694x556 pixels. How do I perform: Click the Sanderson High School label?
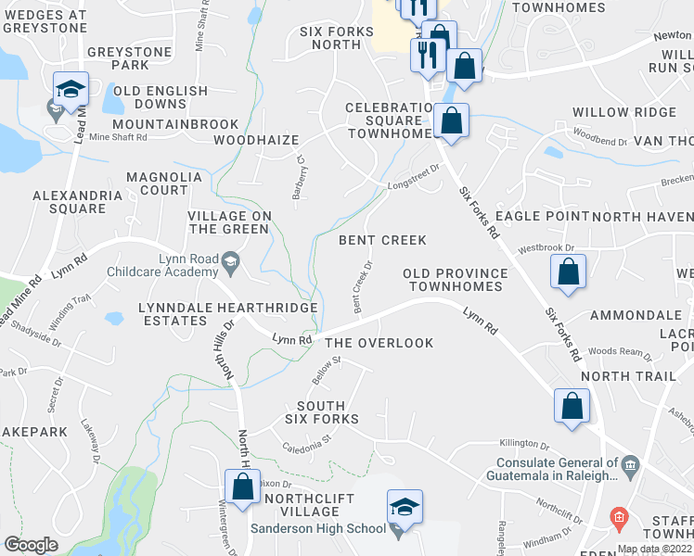click(x=317, y=528)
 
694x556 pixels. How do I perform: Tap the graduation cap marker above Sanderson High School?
click(x=405, y=507)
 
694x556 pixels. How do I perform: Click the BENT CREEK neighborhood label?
click(x=382, y=240)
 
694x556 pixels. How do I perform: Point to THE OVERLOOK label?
click(x=379, y=343)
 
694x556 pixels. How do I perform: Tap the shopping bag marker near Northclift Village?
click(x=242, y=486)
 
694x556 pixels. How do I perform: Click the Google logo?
click(x=31, y=545)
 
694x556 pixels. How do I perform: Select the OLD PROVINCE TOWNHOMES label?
click(x=455, y=280)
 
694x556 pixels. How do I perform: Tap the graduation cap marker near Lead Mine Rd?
click(x=71, y=90)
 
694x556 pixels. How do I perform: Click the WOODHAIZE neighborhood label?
click(x=256, y=141)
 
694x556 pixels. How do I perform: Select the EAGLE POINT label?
click(x=546, y=216)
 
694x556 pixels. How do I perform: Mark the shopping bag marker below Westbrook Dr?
click(x=568, y=273)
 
